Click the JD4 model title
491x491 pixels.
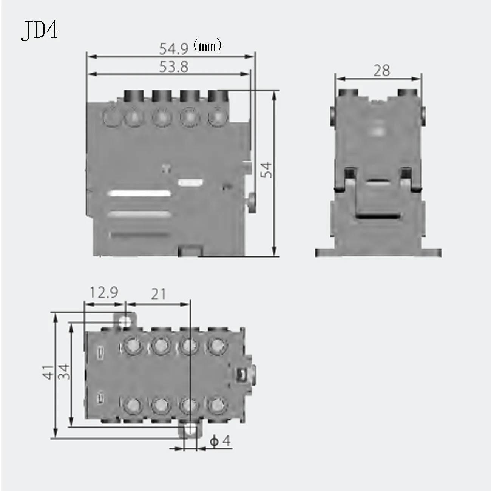(x=40, y=31)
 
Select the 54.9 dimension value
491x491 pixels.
(x=173, y=48)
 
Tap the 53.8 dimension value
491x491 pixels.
(x=174, y=67)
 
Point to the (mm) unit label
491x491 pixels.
(x=207, y=46)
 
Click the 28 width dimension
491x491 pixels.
(x=381, y=71)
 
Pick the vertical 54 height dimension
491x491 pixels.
(x=266, y=170)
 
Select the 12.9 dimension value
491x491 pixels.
(x=104, y=293)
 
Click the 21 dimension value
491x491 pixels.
(x=159, y=294)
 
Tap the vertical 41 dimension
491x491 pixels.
(x=48, y=372)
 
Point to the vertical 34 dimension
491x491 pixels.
(x=63, y=372)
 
